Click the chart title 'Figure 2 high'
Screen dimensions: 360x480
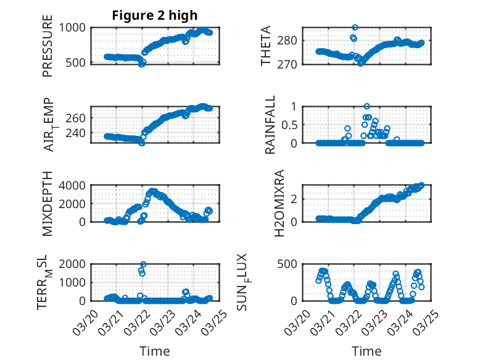pos(154,15)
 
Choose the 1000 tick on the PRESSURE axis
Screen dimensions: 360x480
pos(75,27)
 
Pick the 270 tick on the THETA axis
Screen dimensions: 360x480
pos(291,64)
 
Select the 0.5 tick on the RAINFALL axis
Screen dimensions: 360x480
pos(289,124)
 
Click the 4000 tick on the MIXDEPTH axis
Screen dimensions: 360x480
pos(75,185)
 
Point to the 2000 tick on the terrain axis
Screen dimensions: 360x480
pos(75,264)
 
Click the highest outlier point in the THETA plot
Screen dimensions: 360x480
pos(355,28)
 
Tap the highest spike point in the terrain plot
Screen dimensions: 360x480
pos(143,264)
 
